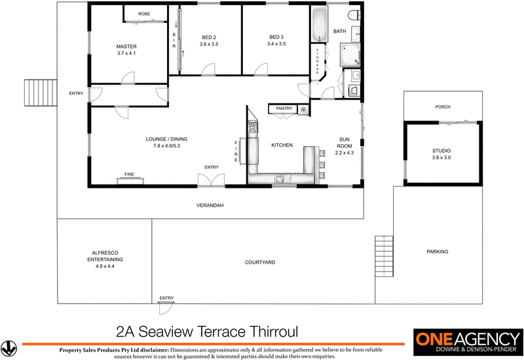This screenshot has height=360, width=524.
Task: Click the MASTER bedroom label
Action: pos(126,46)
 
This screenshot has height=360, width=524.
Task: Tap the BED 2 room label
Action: pos(208,37)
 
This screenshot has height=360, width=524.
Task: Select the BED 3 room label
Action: pos(277,37)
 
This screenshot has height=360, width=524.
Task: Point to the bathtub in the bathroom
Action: pos(320,26)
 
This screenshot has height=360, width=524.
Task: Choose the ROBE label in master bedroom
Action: pos(144,14)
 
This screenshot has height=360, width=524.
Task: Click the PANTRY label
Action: pos(284,108)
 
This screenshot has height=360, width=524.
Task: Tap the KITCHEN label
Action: pos(282,145)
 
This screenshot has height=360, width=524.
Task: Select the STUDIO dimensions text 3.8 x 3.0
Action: pos(441,158)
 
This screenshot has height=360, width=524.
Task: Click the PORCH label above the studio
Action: pos(443,107)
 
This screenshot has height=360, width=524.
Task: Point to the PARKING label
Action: pos(437,251)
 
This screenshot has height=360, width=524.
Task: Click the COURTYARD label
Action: pos(259,262)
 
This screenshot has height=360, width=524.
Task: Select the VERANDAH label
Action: pos(210,206)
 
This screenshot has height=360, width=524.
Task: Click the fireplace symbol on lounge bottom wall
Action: pos(129,175)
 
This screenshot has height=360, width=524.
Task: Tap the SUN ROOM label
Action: pos(345,145)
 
